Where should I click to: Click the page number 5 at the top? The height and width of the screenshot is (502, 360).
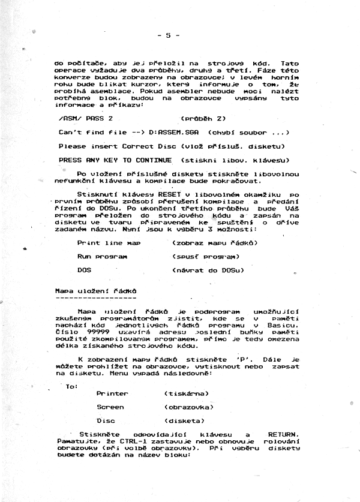coord(169,35)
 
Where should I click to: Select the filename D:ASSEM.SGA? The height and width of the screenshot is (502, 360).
coord(175,132)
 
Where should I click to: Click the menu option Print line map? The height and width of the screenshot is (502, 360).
coord(109,242)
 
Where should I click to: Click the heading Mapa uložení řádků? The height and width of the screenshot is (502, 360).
coord(92,290)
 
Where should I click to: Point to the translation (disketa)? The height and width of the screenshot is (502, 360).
coord(183,420)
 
